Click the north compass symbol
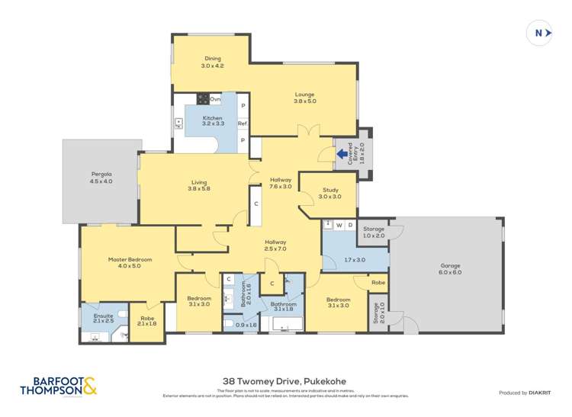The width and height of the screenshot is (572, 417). click(540, 33)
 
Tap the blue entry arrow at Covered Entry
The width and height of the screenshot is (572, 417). click(342, 154)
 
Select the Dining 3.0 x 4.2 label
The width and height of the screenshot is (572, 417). click(212, 63)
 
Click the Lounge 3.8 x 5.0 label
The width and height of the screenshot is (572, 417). click(305, 98)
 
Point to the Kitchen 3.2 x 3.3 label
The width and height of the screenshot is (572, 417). click(212, 121)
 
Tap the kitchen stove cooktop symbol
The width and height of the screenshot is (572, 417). click(203, 98)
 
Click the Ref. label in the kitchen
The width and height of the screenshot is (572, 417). click(243, 123)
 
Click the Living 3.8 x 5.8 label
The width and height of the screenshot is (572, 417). click(200, 185)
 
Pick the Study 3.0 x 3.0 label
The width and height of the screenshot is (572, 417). click(330, 193)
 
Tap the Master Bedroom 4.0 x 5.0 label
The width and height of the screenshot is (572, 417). click(130, 262)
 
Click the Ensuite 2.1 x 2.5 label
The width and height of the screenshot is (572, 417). click(103, 318)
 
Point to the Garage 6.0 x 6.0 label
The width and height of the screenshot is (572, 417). click(450, 269)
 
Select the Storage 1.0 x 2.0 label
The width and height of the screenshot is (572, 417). click(374, 232)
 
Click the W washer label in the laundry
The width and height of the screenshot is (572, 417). click(338, 225)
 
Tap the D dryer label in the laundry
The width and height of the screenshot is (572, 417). click(350, 225)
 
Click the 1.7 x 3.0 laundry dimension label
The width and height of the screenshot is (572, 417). click(355, 261)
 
